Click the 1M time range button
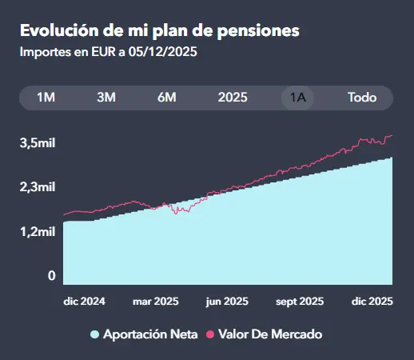tap(46, 98)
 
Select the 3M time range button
tap(106, 98)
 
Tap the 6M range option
tap(166, 98)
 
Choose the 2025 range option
tap(233, 98)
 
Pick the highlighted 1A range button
tap(298, 98)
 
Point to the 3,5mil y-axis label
tap(38, 143)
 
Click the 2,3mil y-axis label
tap(38, 187)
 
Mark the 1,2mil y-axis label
tap(38, 232)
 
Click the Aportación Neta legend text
tap(150, 334)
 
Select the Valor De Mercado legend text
tap(270, 334)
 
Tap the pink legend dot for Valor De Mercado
tap(212, 334)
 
